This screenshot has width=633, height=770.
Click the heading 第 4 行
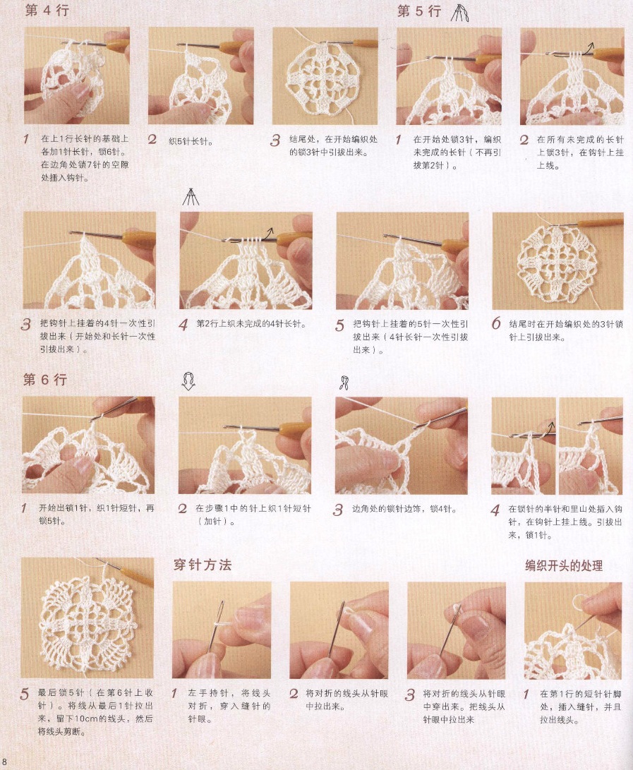[47, 11]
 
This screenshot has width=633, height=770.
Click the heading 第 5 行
[419, 11]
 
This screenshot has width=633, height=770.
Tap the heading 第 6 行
[44, 380]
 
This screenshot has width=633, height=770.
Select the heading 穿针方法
[203, 565]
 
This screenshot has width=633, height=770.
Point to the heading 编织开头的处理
[564, 566]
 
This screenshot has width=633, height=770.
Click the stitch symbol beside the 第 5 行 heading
[459, 13]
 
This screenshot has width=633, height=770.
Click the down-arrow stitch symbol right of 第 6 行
[188, 381]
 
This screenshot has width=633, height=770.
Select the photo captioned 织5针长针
[201, 76]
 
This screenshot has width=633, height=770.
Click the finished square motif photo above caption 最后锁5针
[88, 618]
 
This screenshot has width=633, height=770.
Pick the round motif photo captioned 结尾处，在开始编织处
[325, 76]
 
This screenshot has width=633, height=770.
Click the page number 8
[4, 762]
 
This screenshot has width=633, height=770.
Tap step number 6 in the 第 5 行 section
[496, 324]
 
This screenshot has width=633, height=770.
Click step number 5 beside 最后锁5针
[25, 694]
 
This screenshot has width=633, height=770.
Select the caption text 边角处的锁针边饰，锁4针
[404, 510]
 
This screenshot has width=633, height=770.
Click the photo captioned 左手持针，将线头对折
[222, 630]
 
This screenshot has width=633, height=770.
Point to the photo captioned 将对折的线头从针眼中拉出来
[339, 630]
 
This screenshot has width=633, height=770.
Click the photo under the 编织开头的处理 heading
[573, 630]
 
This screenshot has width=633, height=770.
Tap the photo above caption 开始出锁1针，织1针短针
[88, 445]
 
